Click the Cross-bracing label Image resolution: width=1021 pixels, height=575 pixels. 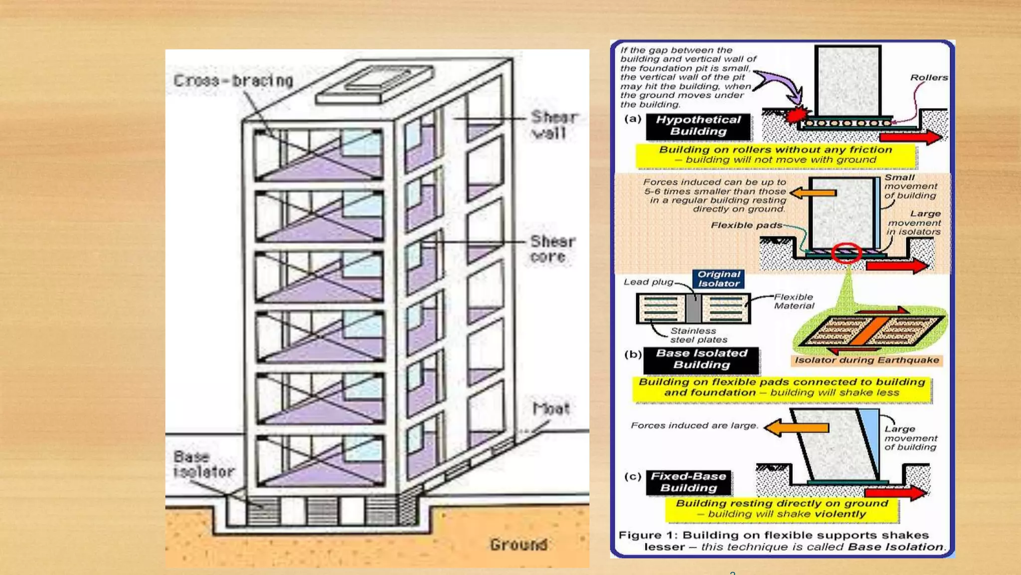pyautogui.click(x=233, y=80)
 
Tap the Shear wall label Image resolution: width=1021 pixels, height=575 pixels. pyautogui.click(x=553, y=125)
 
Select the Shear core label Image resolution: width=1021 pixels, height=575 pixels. pyautogui.click(x=552, y=249)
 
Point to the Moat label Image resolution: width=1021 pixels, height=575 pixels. pyautogui.click(x=551, y=409)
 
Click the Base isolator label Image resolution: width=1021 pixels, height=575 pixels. pyautogui.click(x=203, y=464)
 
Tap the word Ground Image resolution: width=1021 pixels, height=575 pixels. pyautogui.click(x=518, y=544)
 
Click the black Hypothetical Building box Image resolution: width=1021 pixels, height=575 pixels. pyautogui.click(x=698, y=126)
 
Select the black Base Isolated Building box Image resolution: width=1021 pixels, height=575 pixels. pyautogui.click(x=701, y=359)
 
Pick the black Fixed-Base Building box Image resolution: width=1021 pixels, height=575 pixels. pyautogui.click(x=688, y=482)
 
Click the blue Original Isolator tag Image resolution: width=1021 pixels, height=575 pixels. pyautogui.click(x=718, y=279)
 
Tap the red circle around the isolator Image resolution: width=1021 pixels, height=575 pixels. pyautogui.click(x=846, y=253)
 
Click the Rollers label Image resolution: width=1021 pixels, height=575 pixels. pyautogui.click(x=928, y=77)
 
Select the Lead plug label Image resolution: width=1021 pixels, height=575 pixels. pyautogui.click(x=648, y=282)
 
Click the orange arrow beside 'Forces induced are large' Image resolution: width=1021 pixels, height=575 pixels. pyautogui.click(x=796, y=428)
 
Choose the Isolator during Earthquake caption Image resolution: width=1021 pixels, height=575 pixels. pyautogui.click(x=866, y=360)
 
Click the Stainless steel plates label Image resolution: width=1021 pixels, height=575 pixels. pyautogui.click(x=698, y=335)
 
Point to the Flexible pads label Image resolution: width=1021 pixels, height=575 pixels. pyautogui.click(x=746, y=226)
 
